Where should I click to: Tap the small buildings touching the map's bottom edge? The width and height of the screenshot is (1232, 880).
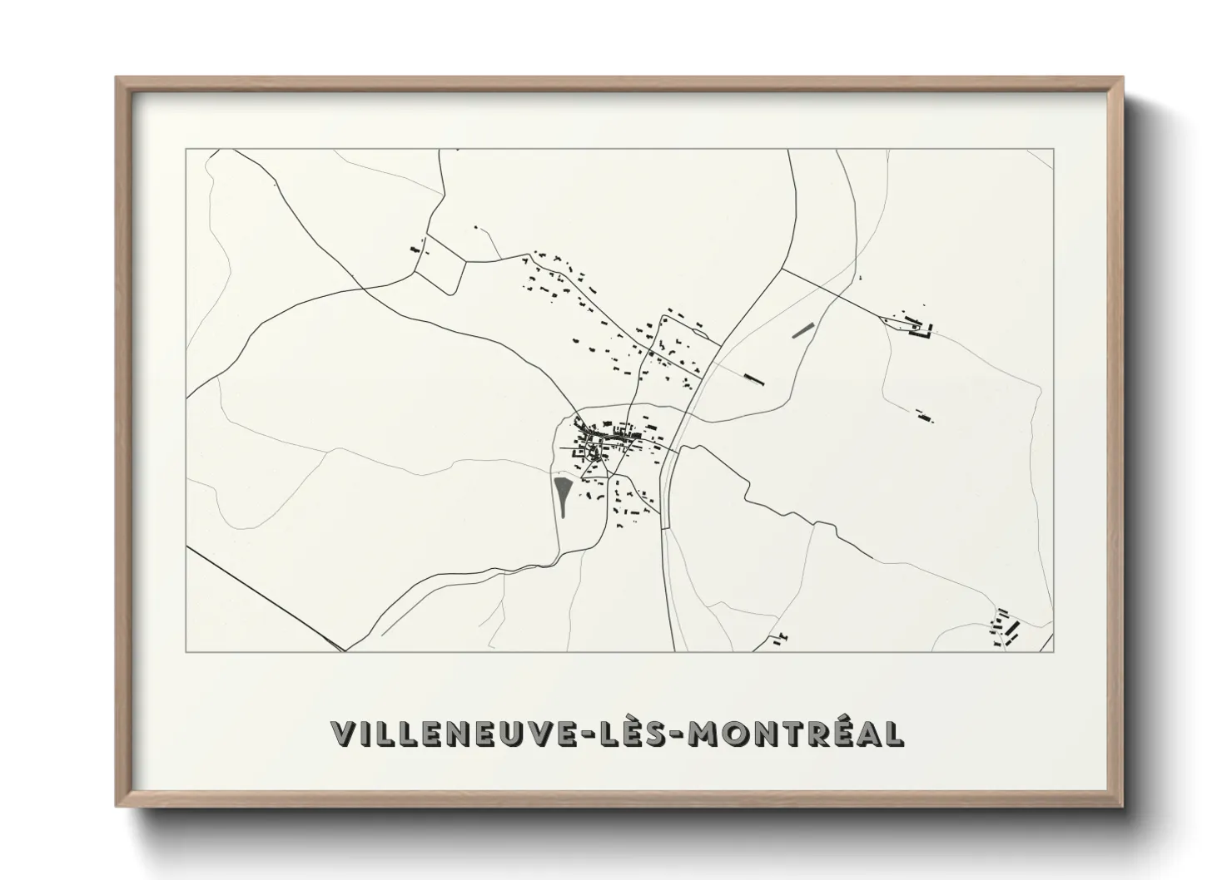780,638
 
